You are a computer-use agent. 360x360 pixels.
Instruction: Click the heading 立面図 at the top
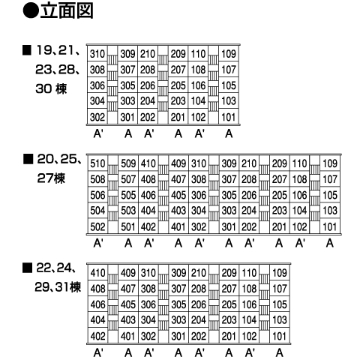point(67,10)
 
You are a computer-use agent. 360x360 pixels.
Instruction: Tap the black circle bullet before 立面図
point(31,11)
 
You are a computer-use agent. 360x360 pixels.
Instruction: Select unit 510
point(97,163)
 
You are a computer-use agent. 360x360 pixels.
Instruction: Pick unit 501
point(128,226)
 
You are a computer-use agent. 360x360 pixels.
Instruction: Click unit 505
point(128,195)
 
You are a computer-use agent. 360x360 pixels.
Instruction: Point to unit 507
point(128,179)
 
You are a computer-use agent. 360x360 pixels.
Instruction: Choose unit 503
point(128,211)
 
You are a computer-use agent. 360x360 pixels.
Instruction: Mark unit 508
point(97,179)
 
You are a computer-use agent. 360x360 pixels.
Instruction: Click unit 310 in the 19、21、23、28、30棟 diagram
point(97,54)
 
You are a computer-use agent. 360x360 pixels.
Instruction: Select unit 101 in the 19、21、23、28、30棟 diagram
point(229,117)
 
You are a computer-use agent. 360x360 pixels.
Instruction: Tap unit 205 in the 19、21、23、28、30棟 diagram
point(178,85)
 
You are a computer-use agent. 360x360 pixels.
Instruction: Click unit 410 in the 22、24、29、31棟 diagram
point(97,273)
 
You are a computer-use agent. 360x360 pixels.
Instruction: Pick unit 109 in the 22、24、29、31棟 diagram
point(280,273)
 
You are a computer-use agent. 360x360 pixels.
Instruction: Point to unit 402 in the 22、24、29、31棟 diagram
point(97,336)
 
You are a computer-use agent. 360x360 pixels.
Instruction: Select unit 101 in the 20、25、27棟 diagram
point(330,226)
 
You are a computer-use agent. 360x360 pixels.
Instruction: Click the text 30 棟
point(51,88)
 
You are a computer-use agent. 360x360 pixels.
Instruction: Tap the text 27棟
point(51,178)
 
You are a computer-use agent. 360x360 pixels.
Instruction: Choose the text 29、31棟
point(58,287)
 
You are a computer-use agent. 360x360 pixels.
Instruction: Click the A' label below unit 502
point(98,243)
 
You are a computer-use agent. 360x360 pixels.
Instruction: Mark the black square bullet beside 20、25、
point(28,159)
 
